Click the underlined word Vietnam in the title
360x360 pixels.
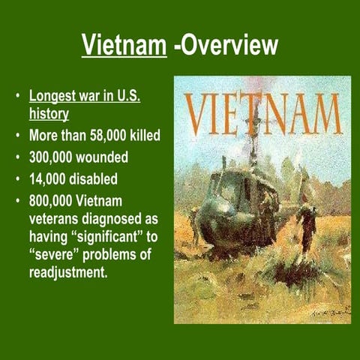click(122, 47)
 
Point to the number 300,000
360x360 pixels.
click(56, 159)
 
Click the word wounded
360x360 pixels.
click(115, 159)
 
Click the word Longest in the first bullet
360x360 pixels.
click(56, 97)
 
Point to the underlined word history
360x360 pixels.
click(49, 114)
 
